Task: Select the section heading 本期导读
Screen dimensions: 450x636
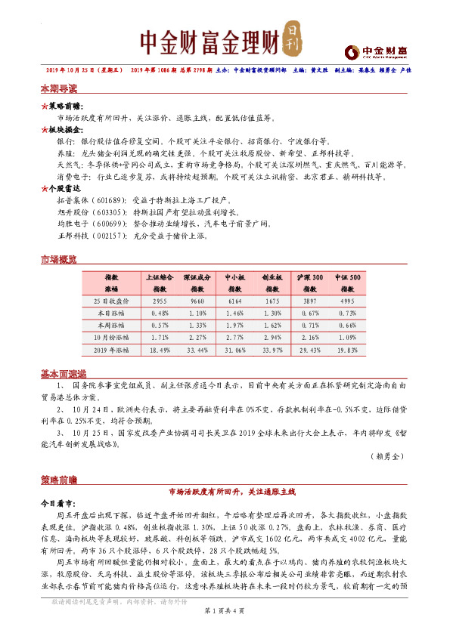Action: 58,88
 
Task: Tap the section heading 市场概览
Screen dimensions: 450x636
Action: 58,260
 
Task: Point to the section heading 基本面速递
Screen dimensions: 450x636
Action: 63,374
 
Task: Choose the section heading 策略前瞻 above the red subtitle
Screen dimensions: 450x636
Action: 58,479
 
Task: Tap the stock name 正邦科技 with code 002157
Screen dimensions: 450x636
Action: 73,235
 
